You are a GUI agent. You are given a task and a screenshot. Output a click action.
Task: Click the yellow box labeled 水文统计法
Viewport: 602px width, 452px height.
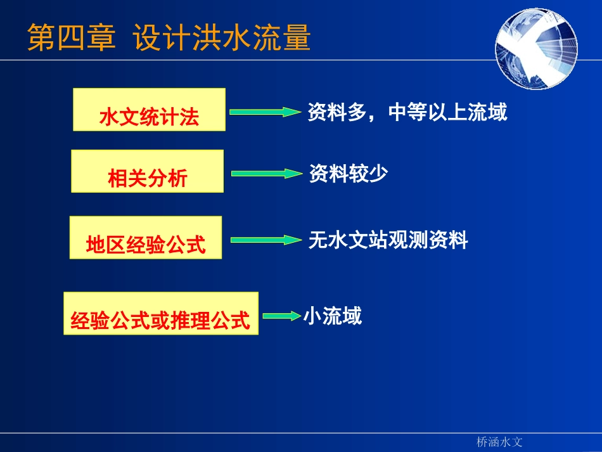pos(149,110)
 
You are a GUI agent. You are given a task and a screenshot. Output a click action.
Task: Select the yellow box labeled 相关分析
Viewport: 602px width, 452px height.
pos(147,171)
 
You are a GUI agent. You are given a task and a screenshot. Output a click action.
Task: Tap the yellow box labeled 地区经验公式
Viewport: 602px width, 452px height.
pos(146,238)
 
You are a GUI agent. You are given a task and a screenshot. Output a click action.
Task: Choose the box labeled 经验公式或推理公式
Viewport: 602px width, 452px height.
pos(161,313)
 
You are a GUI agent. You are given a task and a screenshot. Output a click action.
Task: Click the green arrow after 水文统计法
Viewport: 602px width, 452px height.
pos(264,112)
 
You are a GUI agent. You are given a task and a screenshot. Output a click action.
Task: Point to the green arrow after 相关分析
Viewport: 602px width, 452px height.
pos(267,173)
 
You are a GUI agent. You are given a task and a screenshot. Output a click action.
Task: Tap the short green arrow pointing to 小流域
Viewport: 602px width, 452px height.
pos(281,315)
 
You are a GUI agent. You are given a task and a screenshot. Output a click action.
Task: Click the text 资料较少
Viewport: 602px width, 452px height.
pos(348,174)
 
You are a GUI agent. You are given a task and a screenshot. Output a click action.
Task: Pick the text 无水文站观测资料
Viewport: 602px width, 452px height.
pos(388,240)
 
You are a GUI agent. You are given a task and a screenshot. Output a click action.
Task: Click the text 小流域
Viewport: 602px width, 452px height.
pos(333,316)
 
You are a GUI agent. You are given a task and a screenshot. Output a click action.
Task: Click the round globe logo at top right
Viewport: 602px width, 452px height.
pos(536,49)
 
